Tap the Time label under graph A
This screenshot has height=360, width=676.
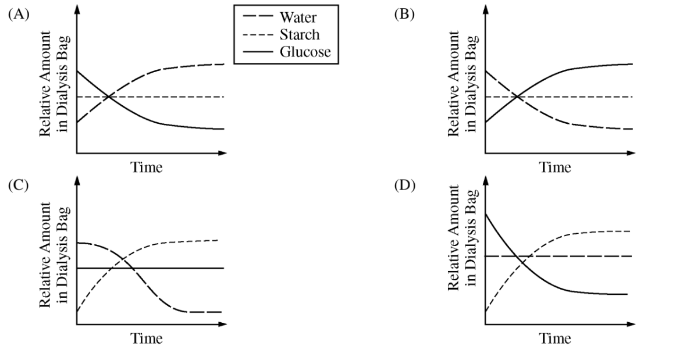(146, 168)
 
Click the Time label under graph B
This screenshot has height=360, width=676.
(554, 168)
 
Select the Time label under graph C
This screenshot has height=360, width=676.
(146, 338)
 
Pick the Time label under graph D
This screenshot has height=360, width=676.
(554, 338)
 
